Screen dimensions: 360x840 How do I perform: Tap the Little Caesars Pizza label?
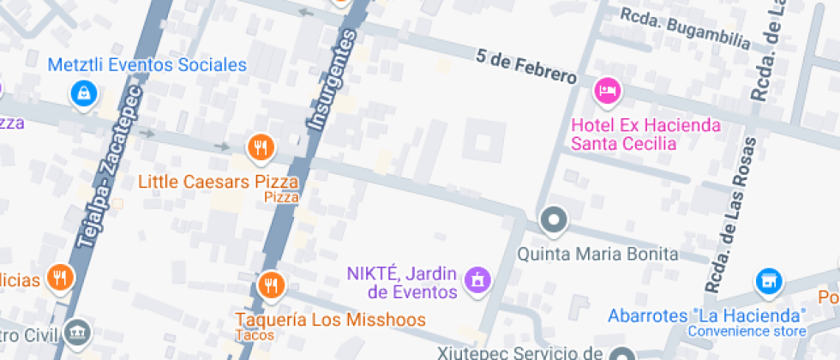[x=219, y=182]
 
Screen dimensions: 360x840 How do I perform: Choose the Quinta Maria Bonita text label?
[x=598, y=254]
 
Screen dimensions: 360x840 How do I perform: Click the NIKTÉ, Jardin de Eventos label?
[x=401, y=283]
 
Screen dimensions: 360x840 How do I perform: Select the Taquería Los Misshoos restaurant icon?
[x=271, y=285]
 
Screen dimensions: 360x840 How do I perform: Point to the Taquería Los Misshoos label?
[x=331, y=320]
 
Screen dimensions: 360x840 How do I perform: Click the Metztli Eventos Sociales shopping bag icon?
[x=82, y=93]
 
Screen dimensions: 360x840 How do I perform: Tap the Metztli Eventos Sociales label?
[x=147, y=65]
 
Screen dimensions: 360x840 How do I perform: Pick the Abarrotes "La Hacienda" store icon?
[x=769, y=281]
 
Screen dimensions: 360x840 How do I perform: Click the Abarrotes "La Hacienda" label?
[x=707, y=315]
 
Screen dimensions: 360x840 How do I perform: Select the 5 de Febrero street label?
[x=526, y=67]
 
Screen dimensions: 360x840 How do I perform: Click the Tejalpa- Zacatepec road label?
[x=109, y=167]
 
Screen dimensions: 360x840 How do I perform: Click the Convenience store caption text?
[x=747, y=331]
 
